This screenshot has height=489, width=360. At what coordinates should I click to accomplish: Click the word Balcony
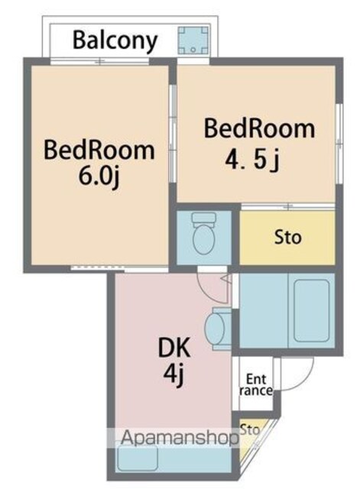point(115,40)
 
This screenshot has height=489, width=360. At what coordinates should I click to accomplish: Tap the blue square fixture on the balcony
point(193,40)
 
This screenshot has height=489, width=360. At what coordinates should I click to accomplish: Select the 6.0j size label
point(99,176)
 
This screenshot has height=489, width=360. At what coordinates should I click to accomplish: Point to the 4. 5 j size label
point(251,160)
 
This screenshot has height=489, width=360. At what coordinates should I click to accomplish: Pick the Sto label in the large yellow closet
point(287,238)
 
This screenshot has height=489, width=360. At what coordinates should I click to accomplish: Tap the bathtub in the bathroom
point(312,310)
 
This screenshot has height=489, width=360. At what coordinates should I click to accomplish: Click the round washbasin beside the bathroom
point(215,328)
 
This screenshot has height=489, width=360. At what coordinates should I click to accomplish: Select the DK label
point(174,348)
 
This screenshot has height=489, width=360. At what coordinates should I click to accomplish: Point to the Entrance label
point(256,385)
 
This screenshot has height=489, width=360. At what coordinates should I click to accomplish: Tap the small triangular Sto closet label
point(250,429)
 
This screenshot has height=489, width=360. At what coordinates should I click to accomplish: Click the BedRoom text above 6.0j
point(99,151)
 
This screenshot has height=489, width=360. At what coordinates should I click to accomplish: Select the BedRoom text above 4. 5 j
point(259,128)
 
